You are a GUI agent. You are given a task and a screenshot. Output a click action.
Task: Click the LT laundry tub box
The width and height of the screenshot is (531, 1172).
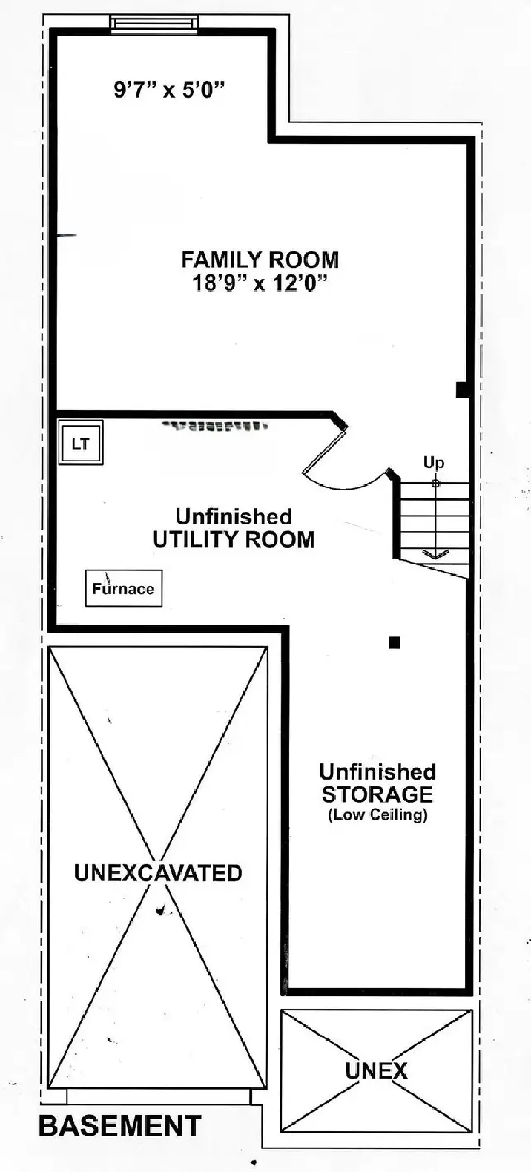coord(81,444)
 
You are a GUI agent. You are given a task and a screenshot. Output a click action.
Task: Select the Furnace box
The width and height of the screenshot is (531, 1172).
coord(123,589)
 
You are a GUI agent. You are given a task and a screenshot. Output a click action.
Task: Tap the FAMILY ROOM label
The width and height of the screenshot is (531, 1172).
coord(260,260)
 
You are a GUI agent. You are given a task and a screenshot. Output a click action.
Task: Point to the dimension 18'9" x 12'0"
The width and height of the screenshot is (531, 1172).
coord(260,283)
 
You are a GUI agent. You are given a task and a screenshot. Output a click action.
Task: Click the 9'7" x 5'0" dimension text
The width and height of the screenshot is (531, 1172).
coord(169,90)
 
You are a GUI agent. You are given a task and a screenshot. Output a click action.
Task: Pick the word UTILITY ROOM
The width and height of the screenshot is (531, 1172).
coord(234,539)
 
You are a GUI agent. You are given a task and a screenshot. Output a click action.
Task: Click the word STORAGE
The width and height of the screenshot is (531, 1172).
coord(377,794)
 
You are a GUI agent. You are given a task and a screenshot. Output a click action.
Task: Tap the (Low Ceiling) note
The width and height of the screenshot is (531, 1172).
coord(377,814)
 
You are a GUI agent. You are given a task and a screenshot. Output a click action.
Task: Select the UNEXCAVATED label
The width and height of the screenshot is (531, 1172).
coord(158,872)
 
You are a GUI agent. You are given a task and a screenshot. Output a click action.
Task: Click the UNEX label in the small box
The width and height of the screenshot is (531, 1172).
coord(377,1070)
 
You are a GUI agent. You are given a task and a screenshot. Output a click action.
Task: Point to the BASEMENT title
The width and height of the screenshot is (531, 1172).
coord(119,1126)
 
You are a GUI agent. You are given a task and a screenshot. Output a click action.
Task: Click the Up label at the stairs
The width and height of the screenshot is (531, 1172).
coord(434,463)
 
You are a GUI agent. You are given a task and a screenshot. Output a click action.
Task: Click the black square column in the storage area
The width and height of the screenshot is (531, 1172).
coord(395,642)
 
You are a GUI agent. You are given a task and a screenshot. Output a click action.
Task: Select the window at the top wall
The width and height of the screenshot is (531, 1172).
coord(154,24)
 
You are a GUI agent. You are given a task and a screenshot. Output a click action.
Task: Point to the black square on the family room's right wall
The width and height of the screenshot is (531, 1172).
coord(462,389)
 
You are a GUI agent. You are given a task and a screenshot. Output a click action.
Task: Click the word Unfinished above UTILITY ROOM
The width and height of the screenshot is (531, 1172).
coord(234,516)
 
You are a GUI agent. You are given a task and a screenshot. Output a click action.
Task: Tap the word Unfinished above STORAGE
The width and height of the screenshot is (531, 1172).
coord(377,771)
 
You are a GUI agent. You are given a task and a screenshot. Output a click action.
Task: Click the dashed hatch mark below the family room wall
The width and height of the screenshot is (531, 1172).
coord(215,427)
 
